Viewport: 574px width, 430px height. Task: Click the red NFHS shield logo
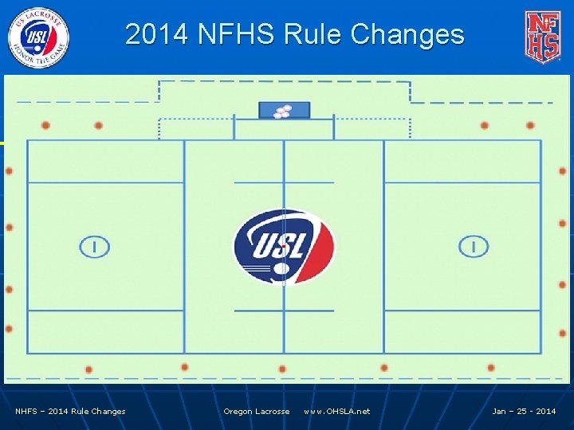point(542,37)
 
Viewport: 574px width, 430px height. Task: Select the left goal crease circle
point(94,247)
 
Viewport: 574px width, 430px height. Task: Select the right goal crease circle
point(474,247)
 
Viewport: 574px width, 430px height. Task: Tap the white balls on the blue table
point(282,111)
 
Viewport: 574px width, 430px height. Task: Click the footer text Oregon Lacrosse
point(257,412)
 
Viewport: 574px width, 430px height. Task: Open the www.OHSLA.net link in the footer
point(337,412)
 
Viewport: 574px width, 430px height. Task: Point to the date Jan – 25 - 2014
point(524,412)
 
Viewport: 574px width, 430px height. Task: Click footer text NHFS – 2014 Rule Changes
point(71,412)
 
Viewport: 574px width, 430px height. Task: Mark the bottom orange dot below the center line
point(282,369)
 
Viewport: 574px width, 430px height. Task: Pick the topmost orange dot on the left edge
point(9,171)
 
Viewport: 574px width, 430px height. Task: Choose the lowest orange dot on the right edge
point(562,334)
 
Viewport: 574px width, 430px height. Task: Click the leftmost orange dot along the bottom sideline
point(88,369)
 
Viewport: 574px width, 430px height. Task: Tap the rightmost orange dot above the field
point(530,125)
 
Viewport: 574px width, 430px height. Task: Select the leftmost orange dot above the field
point(45,125)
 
